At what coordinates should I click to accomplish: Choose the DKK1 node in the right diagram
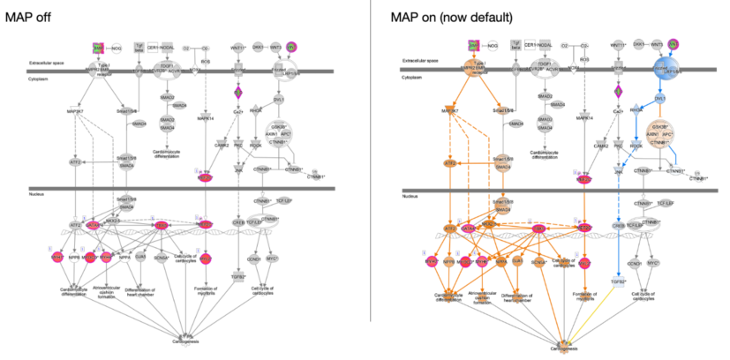pos(640,42)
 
